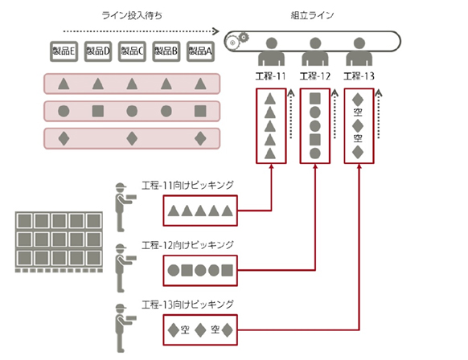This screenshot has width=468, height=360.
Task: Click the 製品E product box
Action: click(x=64, y=50)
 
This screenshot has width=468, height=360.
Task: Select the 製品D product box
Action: click(x=97, y=50)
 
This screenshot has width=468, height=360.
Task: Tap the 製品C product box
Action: click(x=132, y=50)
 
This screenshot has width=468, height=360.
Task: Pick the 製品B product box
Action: click(x=166, y=50)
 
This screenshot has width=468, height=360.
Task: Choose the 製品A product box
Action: click(x=200, y=50)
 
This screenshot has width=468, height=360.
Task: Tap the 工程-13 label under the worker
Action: click(x=359, y=76)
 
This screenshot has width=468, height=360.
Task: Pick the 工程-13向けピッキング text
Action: click(x=187, y=304)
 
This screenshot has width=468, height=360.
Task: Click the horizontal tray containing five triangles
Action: click(x=132, y=84)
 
